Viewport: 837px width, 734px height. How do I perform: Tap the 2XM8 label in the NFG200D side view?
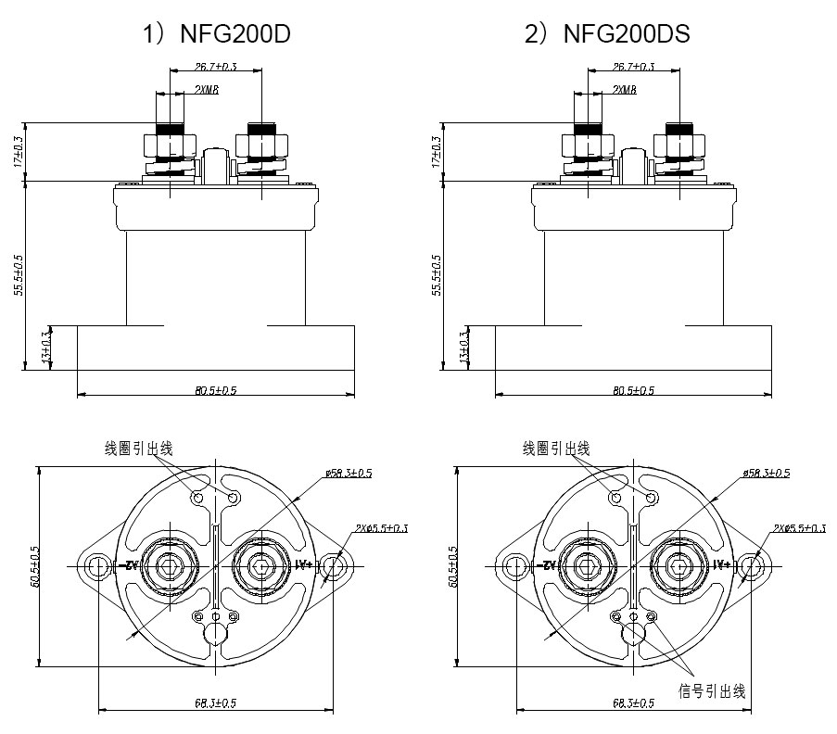point(207,90)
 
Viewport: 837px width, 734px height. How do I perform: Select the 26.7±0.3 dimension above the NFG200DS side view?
point(634,67)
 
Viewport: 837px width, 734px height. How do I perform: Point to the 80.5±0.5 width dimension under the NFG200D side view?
point(216,390)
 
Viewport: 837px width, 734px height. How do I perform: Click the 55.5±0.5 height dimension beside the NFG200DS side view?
point(437,274)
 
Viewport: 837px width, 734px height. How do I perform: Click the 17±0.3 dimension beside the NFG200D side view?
point(19,151)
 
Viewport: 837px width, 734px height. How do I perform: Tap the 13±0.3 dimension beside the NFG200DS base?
point(463,347)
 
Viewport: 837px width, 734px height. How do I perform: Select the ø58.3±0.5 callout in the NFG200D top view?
point(349,473)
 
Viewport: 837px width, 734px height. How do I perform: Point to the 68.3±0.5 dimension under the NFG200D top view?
point(216,703)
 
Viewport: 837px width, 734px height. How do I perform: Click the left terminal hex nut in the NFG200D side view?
point(171,146)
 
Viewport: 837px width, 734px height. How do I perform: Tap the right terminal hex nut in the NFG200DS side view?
point(681,146)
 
